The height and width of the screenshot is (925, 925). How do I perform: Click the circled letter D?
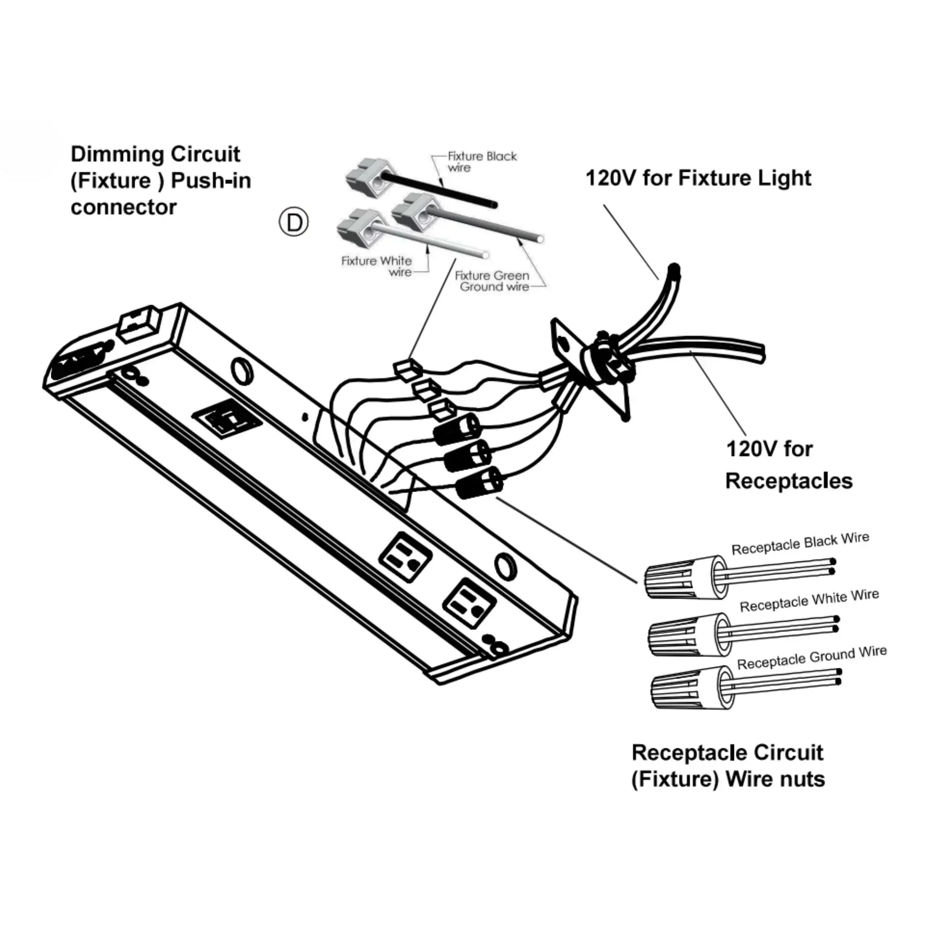pos(293,222)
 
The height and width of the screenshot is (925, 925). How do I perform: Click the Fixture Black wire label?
pos(482,162)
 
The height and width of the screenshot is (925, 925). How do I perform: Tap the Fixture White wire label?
pos(376,266)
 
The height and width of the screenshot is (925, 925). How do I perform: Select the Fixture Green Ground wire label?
pos(492,281)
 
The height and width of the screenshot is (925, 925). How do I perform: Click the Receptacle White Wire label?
pos(809,600)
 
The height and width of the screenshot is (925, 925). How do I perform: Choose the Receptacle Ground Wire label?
pos(811,657)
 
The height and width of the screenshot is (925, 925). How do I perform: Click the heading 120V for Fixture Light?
pos(698,178)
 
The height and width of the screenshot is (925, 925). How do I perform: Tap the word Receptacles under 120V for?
pos(789,481)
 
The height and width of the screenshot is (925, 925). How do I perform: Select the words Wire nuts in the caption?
pos(775,779)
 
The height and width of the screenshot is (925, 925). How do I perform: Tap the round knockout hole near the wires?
pos(242,370)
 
